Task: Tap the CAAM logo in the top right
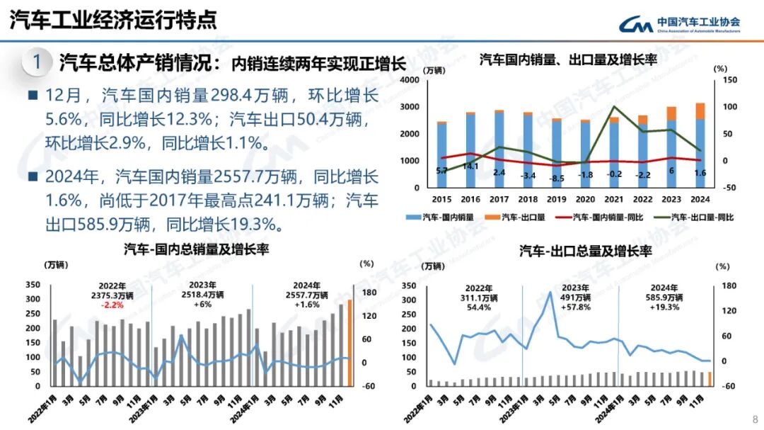680,24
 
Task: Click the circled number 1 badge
36,62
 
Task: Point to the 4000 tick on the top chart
410,80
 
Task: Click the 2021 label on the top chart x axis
614,200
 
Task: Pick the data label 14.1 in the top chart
470,166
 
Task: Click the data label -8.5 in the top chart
557,178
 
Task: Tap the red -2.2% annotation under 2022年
114,305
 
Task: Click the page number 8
755,418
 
